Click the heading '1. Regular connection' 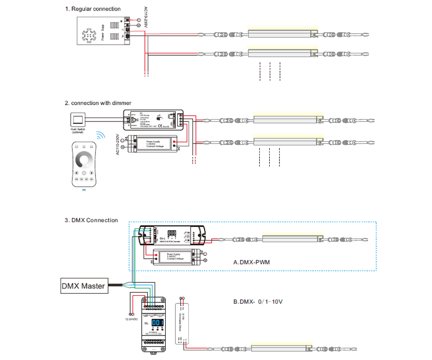coord(93,9)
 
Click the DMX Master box coord(83,286)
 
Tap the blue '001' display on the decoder coord(158,323)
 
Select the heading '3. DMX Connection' coord(91,220)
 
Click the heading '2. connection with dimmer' coord(98,103)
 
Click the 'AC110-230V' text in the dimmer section coord(118,144)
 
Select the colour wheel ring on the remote coord(84,160)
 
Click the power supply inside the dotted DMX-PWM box coord(175,257)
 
